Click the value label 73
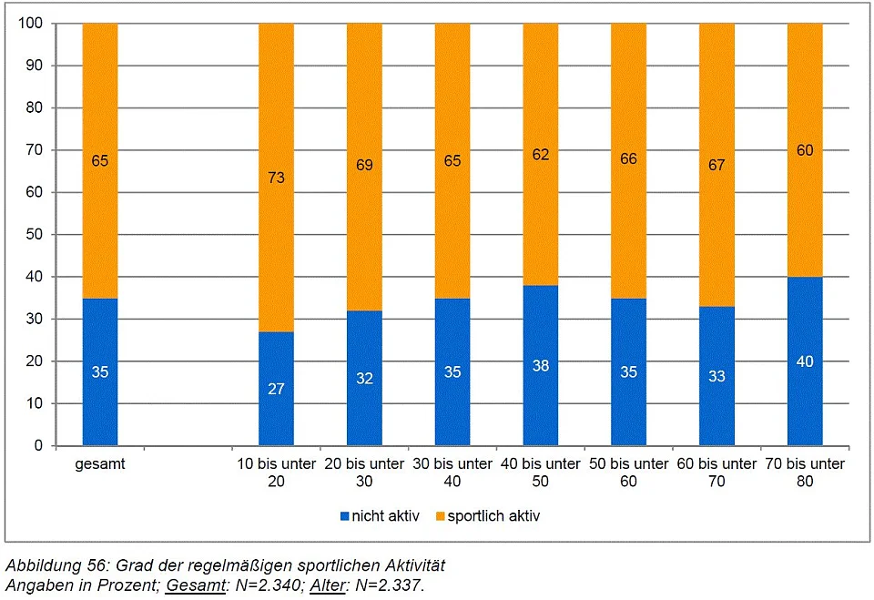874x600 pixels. pyautogui.click(x=276, y=178)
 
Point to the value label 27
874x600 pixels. pyautogui.click(x=276, y=389)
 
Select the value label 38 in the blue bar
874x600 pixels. pyautogui.click(x=541, y=365)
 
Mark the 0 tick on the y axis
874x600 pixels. pyautogui.click(x=37, y=446)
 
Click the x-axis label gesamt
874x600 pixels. pyautogui.click(x=100, y=464)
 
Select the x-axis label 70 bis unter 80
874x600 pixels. pyautogui.click(x=805, y=472)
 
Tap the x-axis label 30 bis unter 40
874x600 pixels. pyautogui.click(x=452, y=472)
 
